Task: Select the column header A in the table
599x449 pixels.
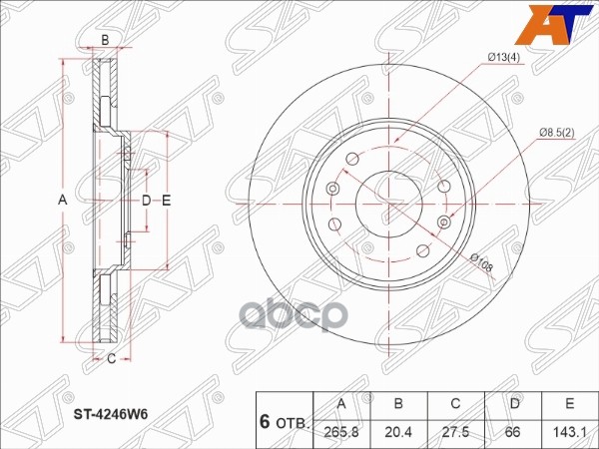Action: click(x=342, y=404)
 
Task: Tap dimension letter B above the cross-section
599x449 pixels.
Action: click(x=105, y=39)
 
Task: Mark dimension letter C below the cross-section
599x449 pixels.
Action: click(x=111, y=358)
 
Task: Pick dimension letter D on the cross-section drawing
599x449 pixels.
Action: click(x=146, y=202)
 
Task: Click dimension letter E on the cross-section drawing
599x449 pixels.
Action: click(x=167, y=202)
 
